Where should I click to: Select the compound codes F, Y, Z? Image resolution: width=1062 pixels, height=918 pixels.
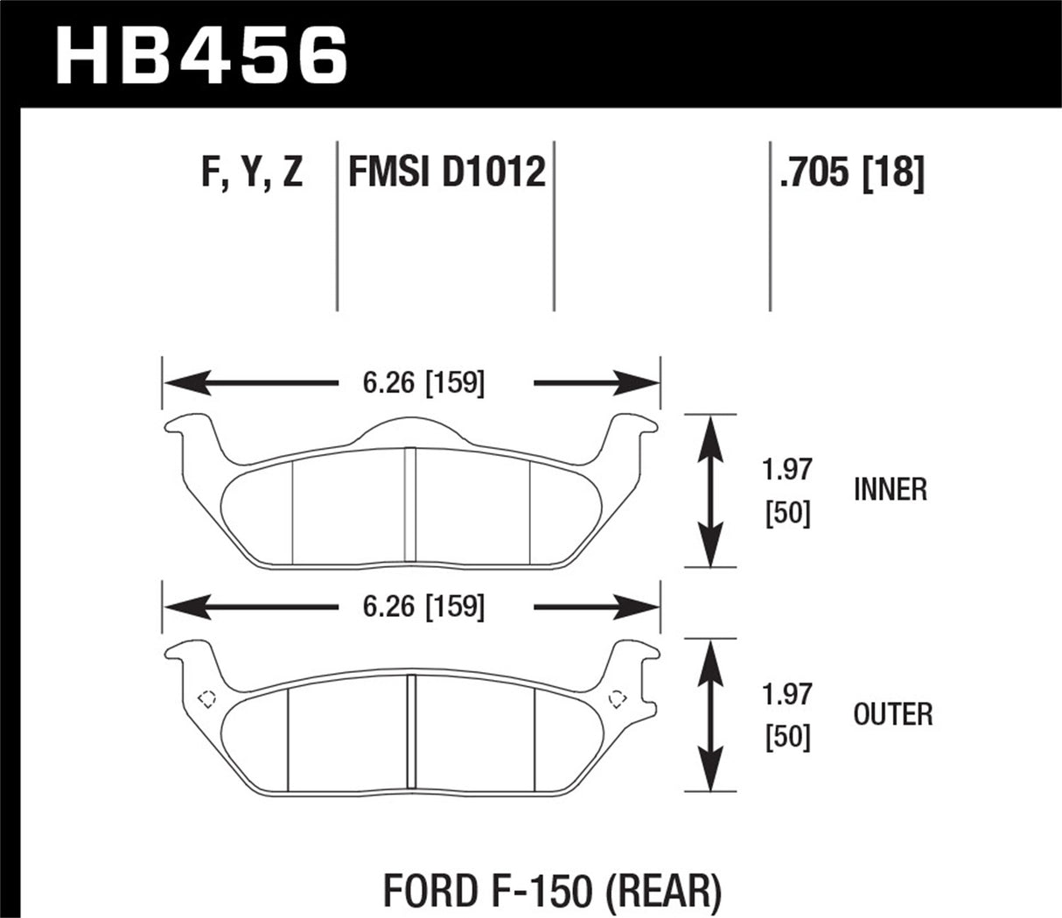(252, 172)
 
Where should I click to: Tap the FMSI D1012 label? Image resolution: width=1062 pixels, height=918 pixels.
(446, 172)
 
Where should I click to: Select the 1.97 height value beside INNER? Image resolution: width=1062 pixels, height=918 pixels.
(787, 472)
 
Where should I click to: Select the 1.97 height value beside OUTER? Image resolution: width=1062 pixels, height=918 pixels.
(787, 695)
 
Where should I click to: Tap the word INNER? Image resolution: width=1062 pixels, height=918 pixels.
(890, 490)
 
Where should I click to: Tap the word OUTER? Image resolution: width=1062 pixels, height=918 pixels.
(892, 714)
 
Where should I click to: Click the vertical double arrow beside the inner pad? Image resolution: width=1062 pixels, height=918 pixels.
(711, 490)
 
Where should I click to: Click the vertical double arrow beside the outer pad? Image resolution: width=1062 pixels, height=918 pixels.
(711, 714)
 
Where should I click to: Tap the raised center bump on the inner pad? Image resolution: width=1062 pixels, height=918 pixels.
(411, 429)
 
